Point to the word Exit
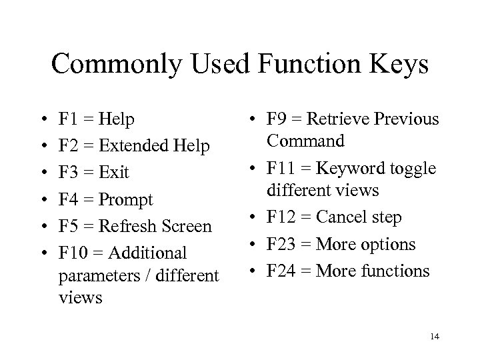pos(114,173)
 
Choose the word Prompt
pos(127,199)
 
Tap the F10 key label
pos(71,253)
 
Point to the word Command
pos(305,141)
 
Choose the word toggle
pos(411,168)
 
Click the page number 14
pos(435,337)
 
